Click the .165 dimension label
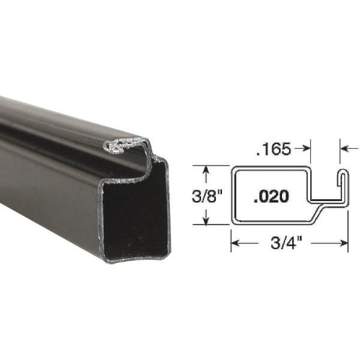click(x=273, y=149)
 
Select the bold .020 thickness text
click(x=271, y=196)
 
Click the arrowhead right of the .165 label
click(x=306, y=149)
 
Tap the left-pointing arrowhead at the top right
click(x=344, y=149)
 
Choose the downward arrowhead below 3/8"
click(x=206, y=220)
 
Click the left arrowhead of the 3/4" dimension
click(x=235, y=243)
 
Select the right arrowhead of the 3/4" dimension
click(x=344, y=243)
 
